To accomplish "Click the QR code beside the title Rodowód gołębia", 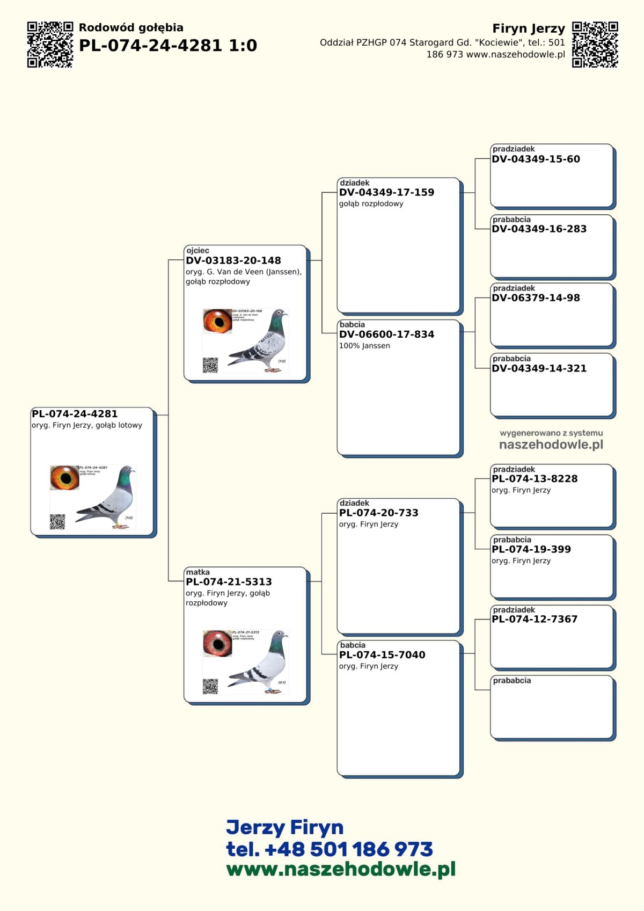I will tap(50, 45).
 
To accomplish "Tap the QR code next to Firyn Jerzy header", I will tap(595, 45).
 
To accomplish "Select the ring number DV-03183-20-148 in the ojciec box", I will tap(233, 260).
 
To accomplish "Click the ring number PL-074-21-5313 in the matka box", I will tap(229, 582).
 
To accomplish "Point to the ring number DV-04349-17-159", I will tap(386, 192).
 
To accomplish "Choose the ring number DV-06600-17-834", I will tap(386, 334).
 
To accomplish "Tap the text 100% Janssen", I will tap(364, 346).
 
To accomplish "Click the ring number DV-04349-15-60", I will tap(536, 159).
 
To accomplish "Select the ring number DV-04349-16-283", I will tap(539, 229).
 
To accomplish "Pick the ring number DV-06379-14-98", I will tap(536, 298).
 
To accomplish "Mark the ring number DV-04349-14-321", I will tap(539, 368).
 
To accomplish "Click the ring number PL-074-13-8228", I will tap(535, 479).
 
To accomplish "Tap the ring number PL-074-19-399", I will tap(531, 549).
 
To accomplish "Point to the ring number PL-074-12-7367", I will tap(535, 619).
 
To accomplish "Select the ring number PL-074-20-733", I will tap(378, 513).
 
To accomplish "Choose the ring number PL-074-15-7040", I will tap(382, 655).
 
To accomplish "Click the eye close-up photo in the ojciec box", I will tap(217, 321).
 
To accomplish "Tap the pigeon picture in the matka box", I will tap(261, 663).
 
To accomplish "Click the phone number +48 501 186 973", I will tap(349, 849).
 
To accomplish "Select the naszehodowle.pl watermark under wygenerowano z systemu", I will tap(551, 444).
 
